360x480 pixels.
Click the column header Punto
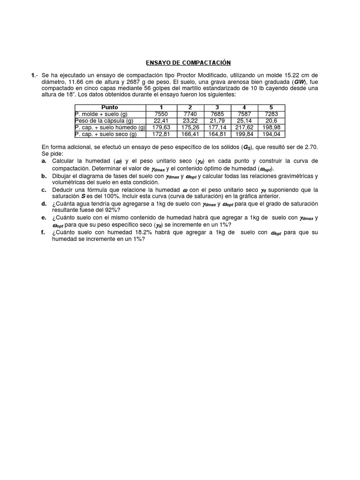click(110, 107)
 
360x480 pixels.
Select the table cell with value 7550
click(160, 114)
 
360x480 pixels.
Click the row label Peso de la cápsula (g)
click(104, 120)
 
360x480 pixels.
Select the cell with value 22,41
click(160, 120)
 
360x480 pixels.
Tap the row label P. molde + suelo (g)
click(101, 114)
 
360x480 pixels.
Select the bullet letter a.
click(44, 161)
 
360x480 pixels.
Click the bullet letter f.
click(44, 232)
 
